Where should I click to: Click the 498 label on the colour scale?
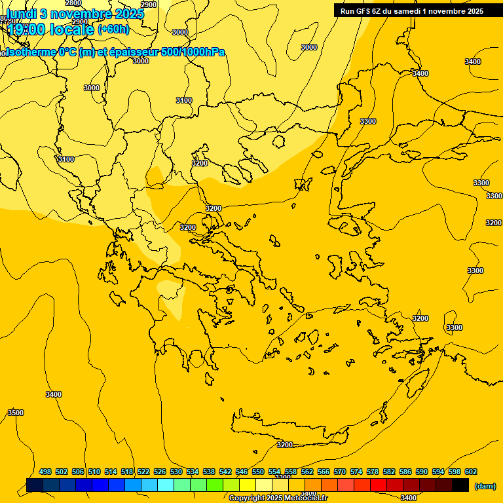coord(45,472)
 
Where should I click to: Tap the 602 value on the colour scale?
coord(471,472)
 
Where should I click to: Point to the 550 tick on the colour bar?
coord(258,472)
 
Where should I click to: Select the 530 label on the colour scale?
coord(176,472)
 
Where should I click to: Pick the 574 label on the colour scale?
coord(356,472)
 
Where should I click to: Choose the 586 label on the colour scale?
coord(405,472)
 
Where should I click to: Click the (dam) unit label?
coord(485,486)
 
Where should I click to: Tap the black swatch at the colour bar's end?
coord(460,485)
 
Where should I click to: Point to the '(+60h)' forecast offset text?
coord(113,29)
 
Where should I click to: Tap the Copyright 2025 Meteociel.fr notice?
coord(278,498)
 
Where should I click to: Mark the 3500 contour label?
coord(16,413)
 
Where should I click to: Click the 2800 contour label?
coord(73,3)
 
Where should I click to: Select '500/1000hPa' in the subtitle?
coord(194,52)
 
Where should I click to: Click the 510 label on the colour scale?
coord(94,472)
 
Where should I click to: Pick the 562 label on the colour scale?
coord(307,472)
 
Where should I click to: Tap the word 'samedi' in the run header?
coord(409,10)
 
